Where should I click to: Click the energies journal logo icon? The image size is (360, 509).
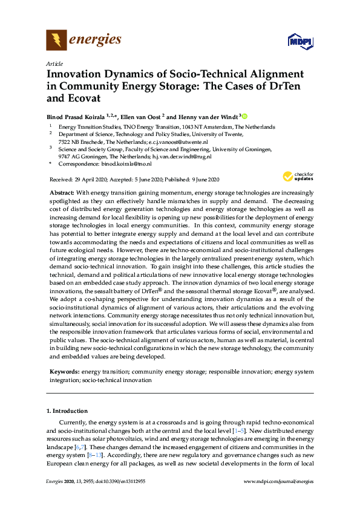(56, 40)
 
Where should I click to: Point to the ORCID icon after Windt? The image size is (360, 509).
(246, 115)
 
